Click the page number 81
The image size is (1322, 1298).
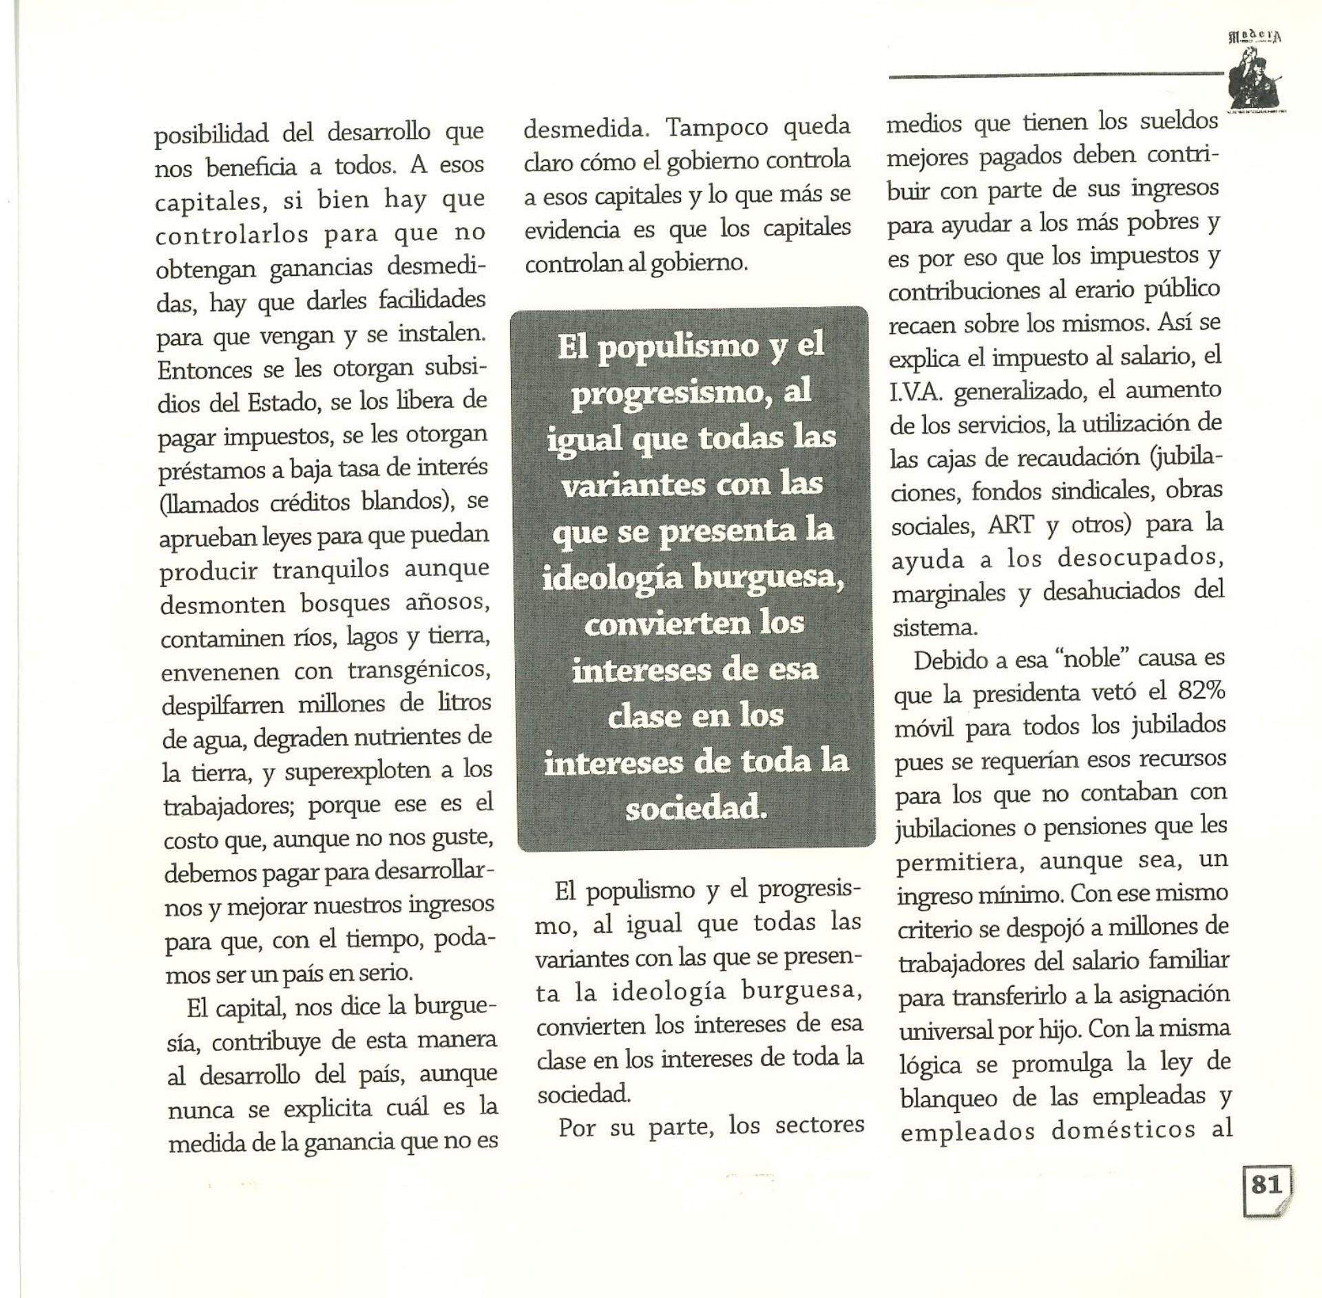(1266, 1184)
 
